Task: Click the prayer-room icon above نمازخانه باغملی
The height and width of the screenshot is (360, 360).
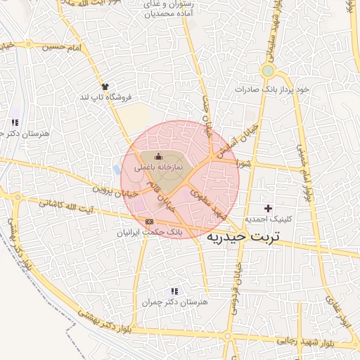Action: [x=158, y=157]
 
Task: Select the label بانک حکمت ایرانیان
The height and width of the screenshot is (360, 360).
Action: [x=148, y=231]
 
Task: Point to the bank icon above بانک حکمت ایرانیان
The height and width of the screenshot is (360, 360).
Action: [x=148, y=221]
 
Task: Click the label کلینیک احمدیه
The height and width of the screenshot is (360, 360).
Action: [x=267, y=219]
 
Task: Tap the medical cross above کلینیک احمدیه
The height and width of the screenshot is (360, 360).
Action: [x=267, y=208]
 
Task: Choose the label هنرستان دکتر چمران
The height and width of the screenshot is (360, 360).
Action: [x=175, y=302]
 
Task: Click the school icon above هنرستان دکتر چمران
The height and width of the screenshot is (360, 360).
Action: [x=174, y=291]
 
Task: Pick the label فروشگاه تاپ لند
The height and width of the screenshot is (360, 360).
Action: [x=106, y=96]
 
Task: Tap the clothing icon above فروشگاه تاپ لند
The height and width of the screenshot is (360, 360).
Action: [x=105, y=84]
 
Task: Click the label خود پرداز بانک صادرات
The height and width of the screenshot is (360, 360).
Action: [x=273, y=90]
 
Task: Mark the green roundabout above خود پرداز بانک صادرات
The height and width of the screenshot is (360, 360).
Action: [x=267, y=71]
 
